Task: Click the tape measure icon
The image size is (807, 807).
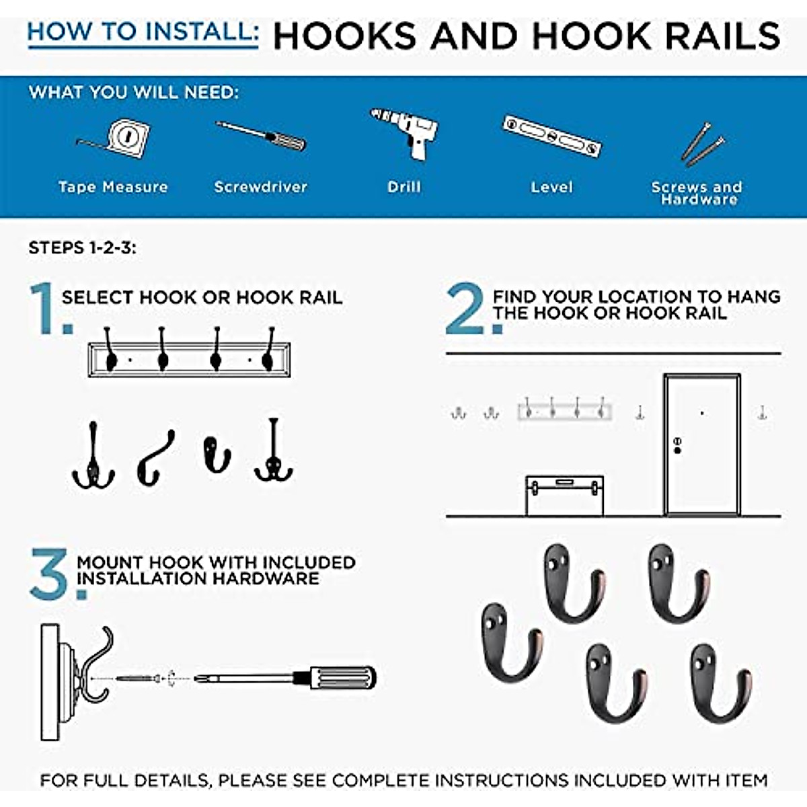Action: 125,139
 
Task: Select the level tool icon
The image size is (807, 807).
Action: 551,136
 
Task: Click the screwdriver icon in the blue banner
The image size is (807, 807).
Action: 262,136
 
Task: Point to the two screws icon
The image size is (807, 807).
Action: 703,143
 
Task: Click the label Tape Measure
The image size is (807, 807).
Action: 113,187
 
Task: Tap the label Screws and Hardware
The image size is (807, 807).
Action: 697,193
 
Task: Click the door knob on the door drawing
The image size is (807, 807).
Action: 677,445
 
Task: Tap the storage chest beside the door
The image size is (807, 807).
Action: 564,496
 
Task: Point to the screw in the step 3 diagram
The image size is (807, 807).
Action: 138,679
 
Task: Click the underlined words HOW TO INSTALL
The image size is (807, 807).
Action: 143,32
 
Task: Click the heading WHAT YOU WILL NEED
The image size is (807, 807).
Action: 133,92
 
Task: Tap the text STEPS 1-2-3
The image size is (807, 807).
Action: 82,247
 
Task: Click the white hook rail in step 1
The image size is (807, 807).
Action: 189,360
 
